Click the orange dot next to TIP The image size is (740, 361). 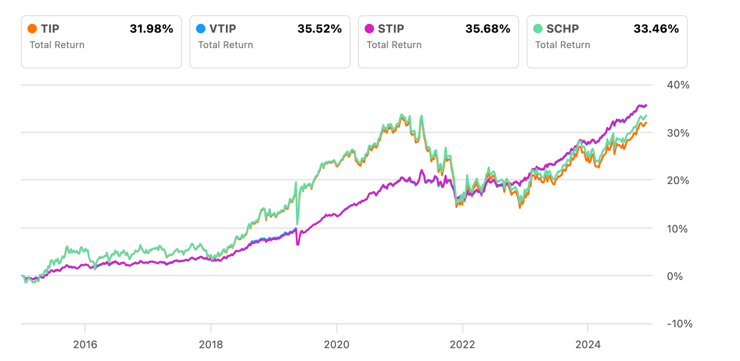pos(32,29)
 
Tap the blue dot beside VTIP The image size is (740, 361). pos(201,29)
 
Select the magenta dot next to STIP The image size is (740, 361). pos(369,29)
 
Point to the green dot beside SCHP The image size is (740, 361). pos(538,29)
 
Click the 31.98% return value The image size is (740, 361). pos(151,29)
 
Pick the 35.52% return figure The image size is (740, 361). pos(320,29)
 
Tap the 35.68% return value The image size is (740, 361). pos(488,29)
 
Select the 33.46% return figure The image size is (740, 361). pos(656,29)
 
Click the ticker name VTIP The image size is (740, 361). pos(223,29)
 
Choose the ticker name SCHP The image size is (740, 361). pos(562,29)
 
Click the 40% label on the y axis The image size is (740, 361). pos(678,85)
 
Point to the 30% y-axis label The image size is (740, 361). pos(678,133)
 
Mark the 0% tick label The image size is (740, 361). pos(675,276)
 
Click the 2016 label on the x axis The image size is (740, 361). pos(85,344)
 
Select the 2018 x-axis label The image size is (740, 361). pos(211,344)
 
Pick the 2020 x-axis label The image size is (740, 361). pos(337,344)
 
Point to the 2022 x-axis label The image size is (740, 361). pos(462,344)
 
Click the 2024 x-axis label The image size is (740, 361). pos(588,344)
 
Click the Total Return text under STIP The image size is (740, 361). pos(394,45)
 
